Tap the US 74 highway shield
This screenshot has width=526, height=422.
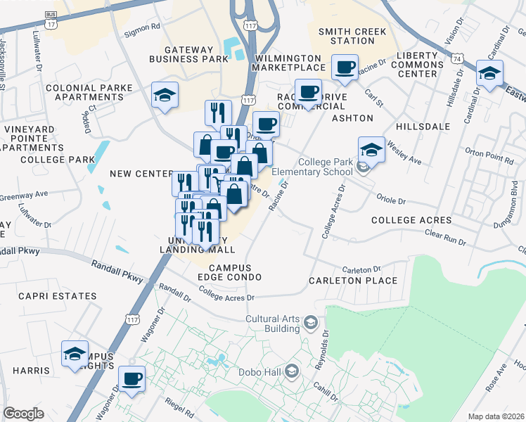tap(456, 60)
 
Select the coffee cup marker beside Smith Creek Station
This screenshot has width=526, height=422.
tap(345, 68)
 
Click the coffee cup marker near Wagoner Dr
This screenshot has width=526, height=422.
tap(131, 379)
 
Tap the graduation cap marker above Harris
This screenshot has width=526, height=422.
tap(75, 354)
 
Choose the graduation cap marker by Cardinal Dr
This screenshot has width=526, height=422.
tap(489, 72)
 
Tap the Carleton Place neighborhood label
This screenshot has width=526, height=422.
tap(352, 281)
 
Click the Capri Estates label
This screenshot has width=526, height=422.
tap(49, 296)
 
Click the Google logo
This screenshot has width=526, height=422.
tap(23, 414)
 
